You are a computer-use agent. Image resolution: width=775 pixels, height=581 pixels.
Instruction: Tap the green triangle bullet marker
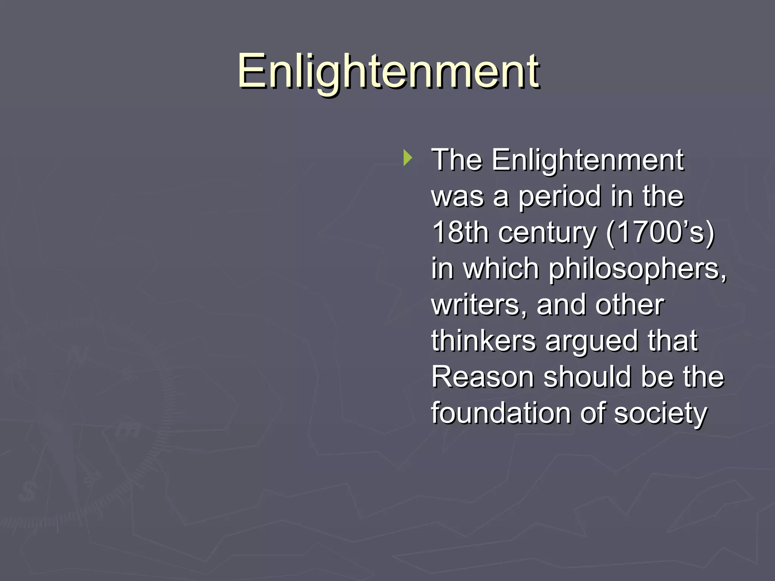click(x=407, y=158)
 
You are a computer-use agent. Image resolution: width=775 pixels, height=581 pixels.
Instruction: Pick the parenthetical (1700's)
click(x=660, y=232)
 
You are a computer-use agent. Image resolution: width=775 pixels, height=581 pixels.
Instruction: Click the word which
click(x=501, y=269)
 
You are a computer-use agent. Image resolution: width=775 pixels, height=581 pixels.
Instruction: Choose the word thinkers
click(x=483, y=340)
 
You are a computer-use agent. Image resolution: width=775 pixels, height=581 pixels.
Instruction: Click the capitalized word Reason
click(x=482, y=377)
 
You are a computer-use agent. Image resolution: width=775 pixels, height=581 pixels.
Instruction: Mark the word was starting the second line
click(x=457, y=197)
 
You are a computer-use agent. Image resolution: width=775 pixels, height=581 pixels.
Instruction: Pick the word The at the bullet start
click(x=457, y=160)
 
